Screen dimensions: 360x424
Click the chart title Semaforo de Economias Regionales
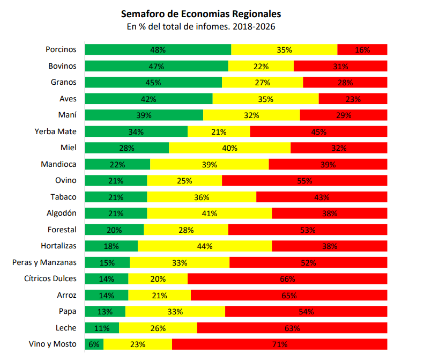201,13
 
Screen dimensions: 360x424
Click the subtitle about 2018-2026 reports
201,26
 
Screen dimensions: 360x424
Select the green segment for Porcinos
158,49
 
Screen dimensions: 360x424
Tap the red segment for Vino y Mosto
279,344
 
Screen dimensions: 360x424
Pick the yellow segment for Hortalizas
205,246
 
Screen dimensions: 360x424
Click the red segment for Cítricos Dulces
287,279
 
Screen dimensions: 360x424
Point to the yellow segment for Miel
229,148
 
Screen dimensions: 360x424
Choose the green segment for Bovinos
157,66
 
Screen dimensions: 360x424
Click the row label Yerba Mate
55,131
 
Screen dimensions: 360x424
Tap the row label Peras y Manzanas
44,262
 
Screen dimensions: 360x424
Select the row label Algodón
61,213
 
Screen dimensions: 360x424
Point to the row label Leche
66,328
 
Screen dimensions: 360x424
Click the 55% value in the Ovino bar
304,181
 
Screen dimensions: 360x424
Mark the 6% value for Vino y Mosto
94,344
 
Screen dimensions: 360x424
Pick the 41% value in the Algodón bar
209,214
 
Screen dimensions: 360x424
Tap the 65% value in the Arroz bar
289,296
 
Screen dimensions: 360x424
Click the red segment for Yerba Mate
318,131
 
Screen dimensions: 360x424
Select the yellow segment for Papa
175,312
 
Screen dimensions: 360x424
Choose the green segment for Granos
153,83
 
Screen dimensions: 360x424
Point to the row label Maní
67,115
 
